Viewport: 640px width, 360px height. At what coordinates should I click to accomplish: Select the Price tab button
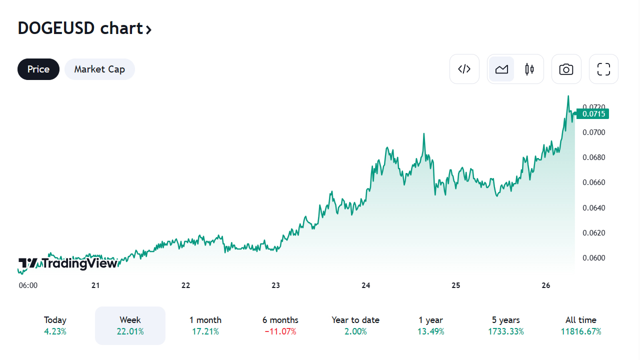[38, 69]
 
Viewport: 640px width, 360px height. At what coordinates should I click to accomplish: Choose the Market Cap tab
[99, 69]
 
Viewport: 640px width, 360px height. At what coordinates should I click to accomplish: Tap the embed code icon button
[464, 69]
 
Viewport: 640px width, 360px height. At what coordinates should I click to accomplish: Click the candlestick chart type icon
[529, 69]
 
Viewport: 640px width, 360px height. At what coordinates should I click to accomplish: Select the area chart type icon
[501, 69]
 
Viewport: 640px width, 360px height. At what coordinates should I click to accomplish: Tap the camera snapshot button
[566, 69]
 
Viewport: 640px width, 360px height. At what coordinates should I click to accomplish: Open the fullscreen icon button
[603, 69]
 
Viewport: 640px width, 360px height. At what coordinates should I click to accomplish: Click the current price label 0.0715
[593, 114]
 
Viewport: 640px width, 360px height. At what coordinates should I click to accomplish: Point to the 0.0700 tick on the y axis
[593, 132]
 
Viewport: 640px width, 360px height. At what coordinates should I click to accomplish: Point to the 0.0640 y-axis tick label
[593, 207]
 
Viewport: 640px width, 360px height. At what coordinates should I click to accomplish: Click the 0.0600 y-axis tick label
[593, 258]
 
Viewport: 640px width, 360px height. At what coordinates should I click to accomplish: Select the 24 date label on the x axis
[366, 285]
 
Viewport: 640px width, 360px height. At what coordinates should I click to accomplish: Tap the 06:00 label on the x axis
[28, 285]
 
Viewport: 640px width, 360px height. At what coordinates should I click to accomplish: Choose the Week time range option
[130, 325]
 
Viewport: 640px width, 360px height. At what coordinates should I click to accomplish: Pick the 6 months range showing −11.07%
[280, 325]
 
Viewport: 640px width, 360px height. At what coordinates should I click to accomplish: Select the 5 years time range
[505, 325]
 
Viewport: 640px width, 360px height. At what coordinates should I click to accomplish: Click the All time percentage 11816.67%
[581, 331]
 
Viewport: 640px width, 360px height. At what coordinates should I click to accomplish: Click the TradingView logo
[68, 263]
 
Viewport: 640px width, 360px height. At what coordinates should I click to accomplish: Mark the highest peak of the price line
[568, 96]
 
